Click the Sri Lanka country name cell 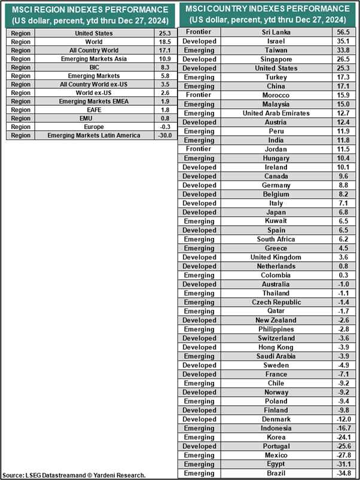276,32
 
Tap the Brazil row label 276,473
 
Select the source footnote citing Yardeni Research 75,475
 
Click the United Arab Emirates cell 276,113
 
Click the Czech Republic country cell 276,302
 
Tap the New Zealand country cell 276,320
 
